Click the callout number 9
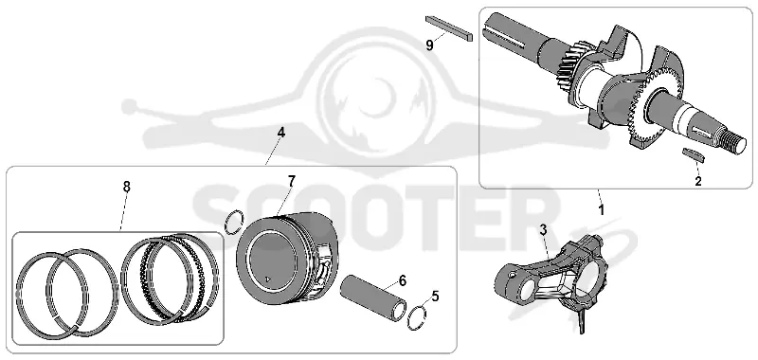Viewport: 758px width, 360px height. (x=430, y=45)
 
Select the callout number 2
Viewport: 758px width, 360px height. (x=698, y=182)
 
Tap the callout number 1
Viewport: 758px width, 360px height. (x=602, y=210)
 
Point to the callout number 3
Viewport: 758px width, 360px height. (x=543, y=230)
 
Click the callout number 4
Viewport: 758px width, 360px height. (x=280, y=132)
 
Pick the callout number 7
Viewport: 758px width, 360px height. (x=291, y=181)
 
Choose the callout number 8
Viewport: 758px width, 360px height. (x=127, y=187)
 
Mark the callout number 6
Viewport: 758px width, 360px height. (x=403, y=280)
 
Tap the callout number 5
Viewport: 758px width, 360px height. (x=436, y=297)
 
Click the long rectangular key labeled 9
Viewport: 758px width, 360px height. (x=449, y=28)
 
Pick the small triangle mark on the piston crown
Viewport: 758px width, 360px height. (x=268, y=279)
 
